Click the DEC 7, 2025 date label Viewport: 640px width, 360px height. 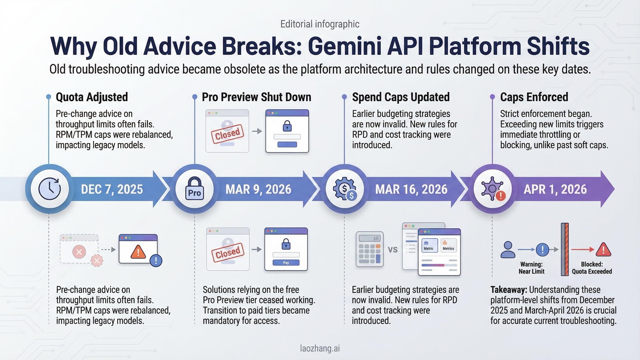tap(112, 189)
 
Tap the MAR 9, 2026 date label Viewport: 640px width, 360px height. tap(258, 189)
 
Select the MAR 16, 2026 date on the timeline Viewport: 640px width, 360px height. tap(411, 189)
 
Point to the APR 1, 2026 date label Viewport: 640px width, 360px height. tap(555, 189)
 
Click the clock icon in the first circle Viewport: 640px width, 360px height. tap(50, 189)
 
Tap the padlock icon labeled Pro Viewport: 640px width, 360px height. tap(194, 189)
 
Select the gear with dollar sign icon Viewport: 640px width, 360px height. tap(345, 189)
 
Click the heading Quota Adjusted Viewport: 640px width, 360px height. tap(92, 97)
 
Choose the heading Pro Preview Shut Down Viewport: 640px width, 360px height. tap(256, 97)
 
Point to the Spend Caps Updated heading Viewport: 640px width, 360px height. tap(401, 97)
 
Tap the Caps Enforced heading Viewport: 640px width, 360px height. tap(534, 97)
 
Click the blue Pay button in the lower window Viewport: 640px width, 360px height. tap(286, 263)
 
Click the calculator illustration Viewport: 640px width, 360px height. tap(370, 249)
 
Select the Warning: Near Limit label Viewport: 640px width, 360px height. tap(531, 268)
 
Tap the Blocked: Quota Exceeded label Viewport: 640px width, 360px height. tap(592, 268)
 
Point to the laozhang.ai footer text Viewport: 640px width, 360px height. tap(320, 348)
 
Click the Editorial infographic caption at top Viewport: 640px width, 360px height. tap(320, 24)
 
